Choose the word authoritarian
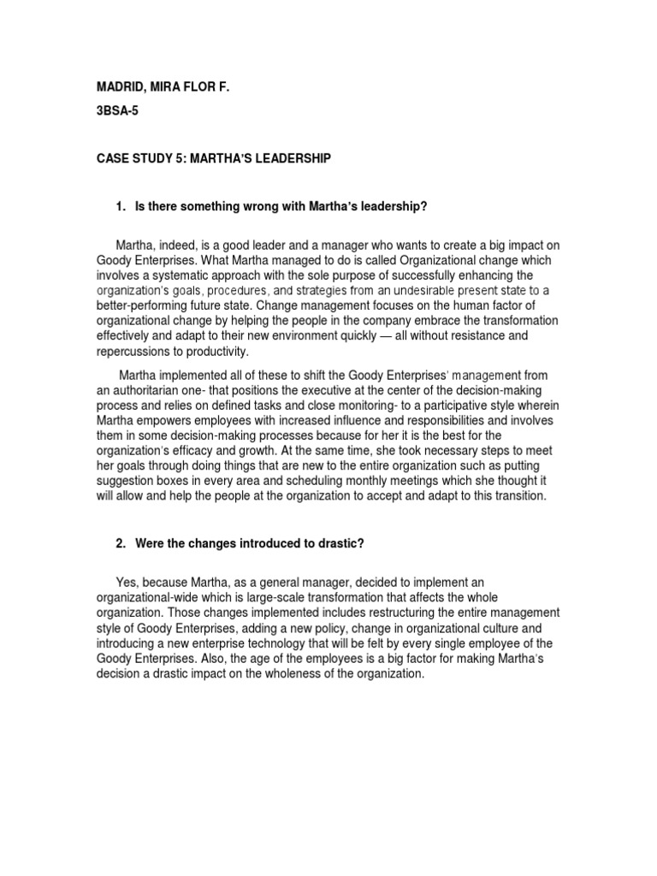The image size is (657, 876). (141, 389)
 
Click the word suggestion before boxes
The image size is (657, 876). (118, 481)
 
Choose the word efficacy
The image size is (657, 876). (205, 452)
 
